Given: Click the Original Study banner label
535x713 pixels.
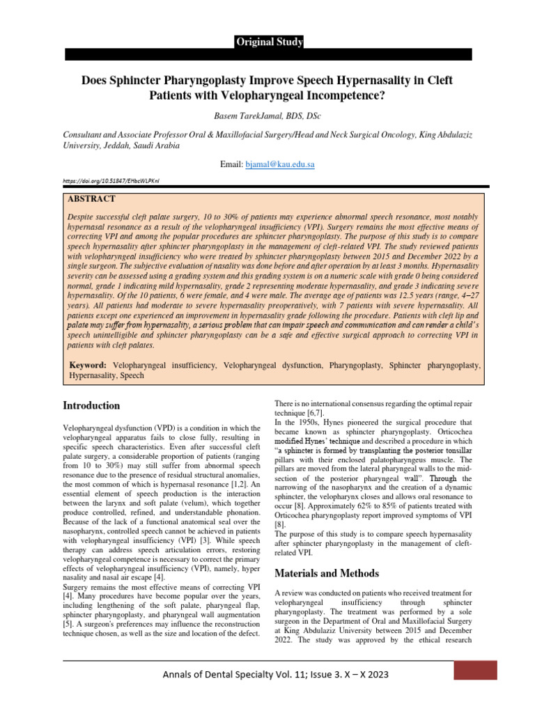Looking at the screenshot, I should (268, 42).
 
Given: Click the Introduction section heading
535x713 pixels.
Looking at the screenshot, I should (91, 405).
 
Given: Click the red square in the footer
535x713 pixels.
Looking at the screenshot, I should (475, 670).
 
